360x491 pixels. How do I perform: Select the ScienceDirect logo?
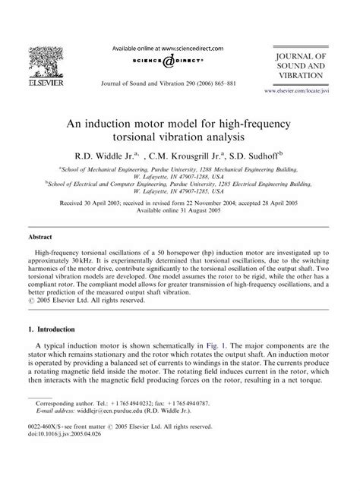tap(180, 61)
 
